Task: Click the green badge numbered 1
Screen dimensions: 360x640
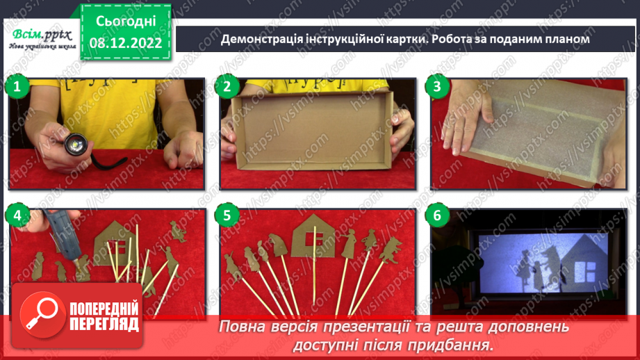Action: (18, 87)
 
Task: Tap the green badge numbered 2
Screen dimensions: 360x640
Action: (227, 87)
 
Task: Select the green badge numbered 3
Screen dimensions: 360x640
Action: (437, 87)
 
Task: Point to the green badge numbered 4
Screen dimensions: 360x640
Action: (18, 215)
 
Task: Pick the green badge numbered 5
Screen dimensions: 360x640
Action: (227, 215)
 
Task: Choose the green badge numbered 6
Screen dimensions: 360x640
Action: (437, 215)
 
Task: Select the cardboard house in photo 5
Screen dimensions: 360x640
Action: (313, 236)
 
